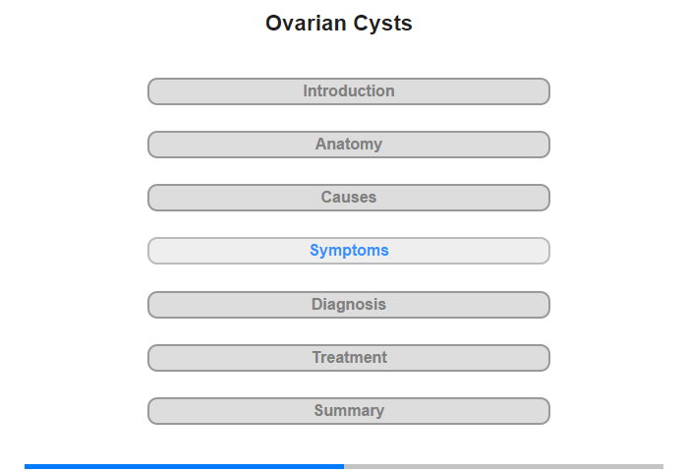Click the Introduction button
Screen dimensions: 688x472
348,91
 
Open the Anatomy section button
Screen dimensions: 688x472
348,145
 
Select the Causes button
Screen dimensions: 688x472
348,198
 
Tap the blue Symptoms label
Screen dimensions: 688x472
349,251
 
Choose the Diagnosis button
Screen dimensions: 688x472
348,305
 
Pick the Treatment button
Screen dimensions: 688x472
348,358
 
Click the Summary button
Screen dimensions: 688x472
348,411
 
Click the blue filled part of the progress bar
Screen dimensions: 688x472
185,466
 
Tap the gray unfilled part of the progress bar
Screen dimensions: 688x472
503,466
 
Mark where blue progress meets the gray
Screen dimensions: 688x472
344,466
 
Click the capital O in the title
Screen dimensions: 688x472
273,24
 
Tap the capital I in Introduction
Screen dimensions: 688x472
306,90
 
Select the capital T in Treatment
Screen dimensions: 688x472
317,357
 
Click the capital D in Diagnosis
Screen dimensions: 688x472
317,304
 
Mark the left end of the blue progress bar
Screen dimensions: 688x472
25,466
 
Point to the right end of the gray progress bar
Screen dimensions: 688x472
663,466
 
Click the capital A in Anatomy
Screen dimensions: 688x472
321,144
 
